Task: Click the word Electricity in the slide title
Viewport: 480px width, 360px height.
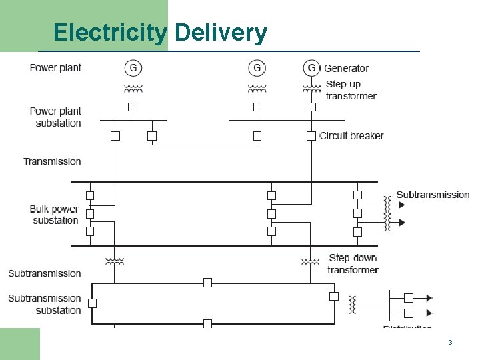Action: pyautogui.click(x=110, y=32)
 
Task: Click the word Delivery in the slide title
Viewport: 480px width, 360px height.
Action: pyautogui.click(x=221, y=32)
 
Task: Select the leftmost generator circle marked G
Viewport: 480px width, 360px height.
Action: pyautogui.click(x=133, y=67)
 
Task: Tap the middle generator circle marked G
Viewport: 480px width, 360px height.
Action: pyautogui.click(x=257, y=67)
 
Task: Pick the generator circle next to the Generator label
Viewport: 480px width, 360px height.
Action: pyautogui.click(x=311, y=67)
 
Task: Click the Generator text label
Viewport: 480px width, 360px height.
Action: pyautogui.click(x=346, y=68)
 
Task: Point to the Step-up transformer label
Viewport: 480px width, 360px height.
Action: pyautogui.click(x=351, y=90)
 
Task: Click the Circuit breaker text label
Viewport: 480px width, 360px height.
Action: pyautogui.click(x=351, y=136)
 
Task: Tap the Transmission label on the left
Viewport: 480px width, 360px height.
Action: pyautogui.click(x=52, y=161)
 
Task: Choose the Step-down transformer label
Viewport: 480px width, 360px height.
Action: pyautogui.click(x=353, y=263)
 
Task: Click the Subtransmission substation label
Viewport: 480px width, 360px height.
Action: pyautogui.click(x=45, y=304)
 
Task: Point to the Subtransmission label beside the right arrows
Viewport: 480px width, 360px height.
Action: pyautogui.click(x=433, y=195)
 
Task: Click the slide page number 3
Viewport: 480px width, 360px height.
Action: pyautogui.click(x=450, y=342)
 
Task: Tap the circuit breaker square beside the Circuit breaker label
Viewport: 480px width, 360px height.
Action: pyautogui.click(x=311, y=136)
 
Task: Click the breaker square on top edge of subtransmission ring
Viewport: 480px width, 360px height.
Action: pyautogui.click(x=207, y=283)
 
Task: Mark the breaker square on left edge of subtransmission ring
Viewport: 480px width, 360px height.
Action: pyautogui.click(x=92, y=303)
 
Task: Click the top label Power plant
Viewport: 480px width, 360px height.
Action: pyautogui.click(x=55, y=68)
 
